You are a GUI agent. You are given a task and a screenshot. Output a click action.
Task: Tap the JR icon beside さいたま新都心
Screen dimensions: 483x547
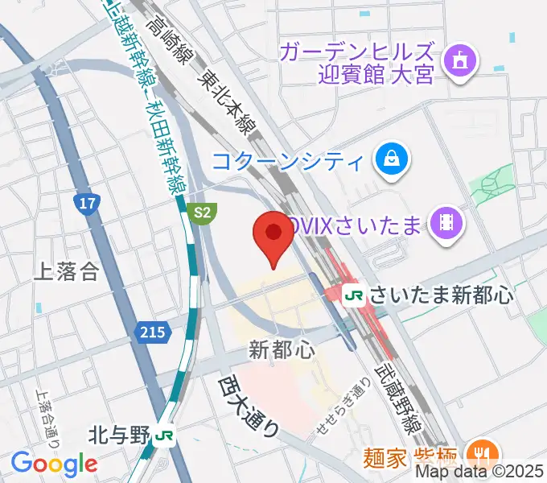point(353,295)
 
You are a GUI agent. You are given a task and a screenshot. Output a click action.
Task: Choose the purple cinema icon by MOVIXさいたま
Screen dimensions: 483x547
point(442,222)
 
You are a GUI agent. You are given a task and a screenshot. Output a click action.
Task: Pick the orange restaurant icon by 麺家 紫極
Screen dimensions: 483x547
point(483,454)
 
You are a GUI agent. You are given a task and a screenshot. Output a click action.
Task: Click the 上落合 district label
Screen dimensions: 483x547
point(66,271)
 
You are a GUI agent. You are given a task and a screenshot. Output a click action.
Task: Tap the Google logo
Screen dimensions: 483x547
point(54,463)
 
